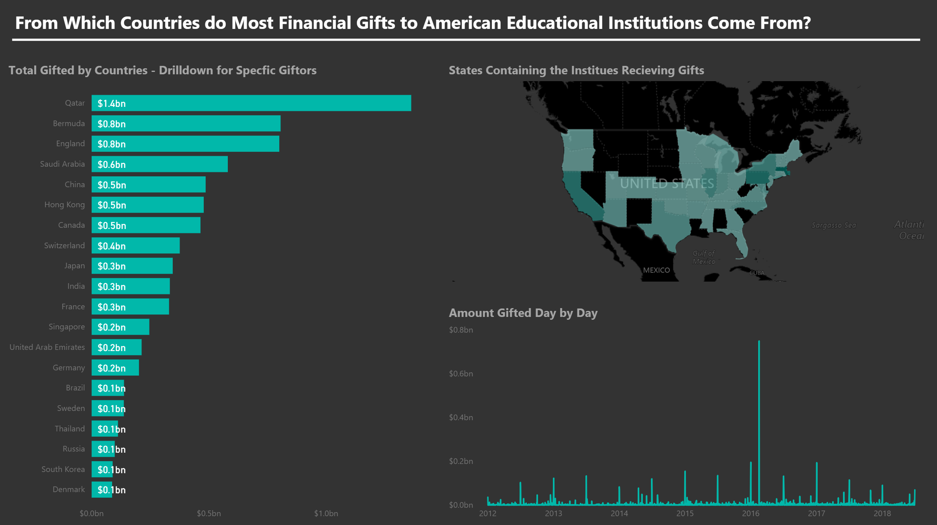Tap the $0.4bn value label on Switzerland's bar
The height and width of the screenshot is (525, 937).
(x=112, y=246)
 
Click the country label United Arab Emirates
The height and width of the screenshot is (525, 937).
(x=47, y=347)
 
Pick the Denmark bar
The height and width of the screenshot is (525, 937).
(x=102, y=490)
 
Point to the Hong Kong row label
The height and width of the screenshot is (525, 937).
(x=64, y=205)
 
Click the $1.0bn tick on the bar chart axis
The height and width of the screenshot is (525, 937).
(x=326, y=513)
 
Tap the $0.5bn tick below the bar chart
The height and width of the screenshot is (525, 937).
(x=209, y=513)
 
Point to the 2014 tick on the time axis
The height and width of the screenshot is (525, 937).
(x=619, y=513)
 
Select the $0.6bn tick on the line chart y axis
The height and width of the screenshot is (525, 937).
(x=461, y=374)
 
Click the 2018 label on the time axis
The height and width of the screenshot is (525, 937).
(x=882, y=513)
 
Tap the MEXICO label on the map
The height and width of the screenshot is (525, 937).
(x=656, y=270)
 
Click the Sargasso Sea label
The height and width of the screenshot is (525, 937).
(x=834, y=225)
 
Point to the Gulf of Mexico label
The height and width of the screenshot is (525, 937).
(x=704, y=257)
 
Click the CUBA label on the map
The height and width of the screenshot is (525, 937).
(x=757, y=273)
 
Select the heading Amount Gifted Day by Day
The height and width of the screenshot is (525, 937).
(x=523, y=313)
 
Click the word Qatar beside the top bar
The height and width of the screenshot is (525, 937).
(x=75, y=103)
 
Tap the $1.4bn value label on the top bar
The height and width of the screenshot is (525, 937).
(x=112, y=104)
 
